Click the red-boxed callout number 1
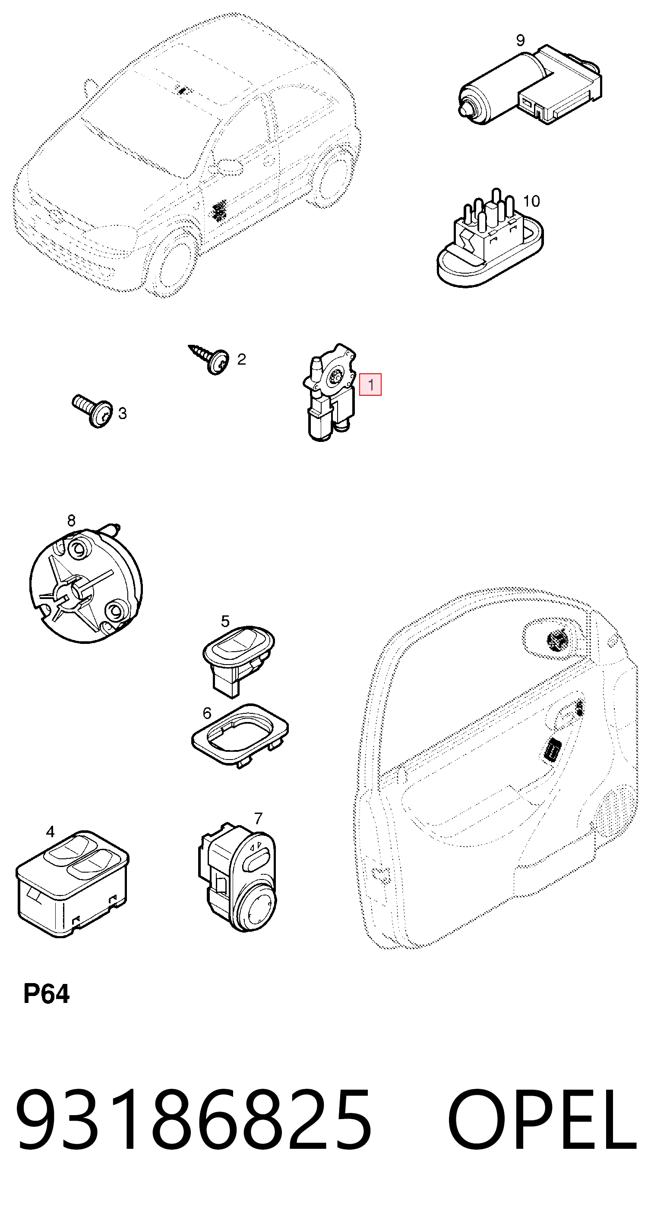click(370, 384)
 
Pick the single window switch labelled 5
click(238, 661)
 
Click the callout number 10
click(531, 201)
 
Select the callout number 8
click(71, 520)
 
